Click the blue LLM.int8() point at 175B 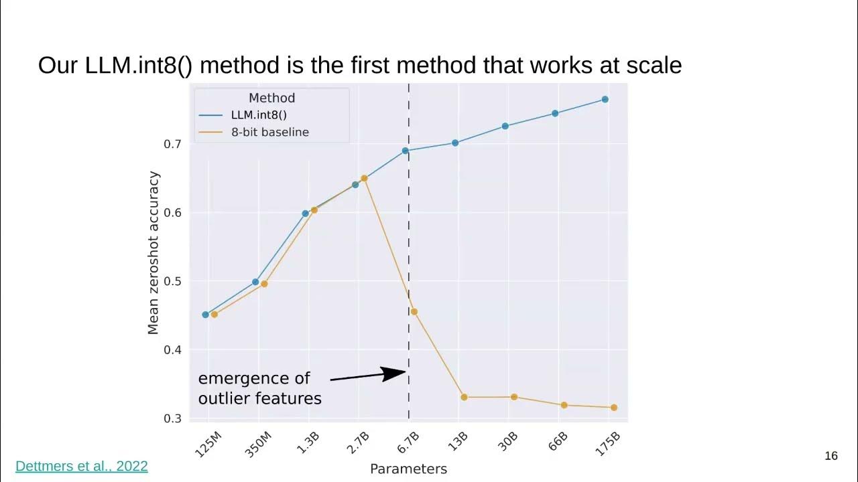605,99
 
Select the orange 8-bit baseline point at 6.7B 414,311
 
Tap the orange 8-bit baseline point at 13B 464,397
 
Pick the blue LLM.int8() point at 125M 206,315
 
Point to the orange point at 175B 614,407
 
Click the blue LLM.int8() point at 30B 505,126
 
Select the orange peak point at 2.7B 364,178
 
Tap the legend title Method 271,98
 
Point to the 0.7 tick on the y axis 173,144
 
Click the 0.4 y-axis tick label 173,349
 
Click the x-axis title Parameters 408,469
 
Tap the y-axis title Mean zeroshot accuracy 154,253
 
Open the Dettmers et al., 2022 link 81,466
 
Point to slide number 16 831,456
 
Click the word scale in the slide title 654,65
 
